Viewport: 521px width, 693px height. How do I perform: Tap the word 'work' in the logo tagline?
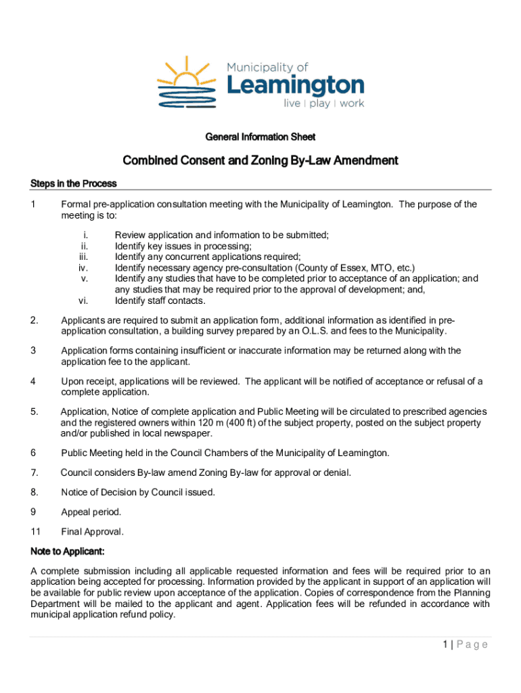point(351,104)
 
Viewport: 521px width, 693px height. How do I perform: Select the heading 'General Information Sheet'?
point(260,137)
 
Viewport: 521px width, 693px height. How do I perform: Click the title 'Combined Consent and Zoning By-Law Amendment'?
point(260,161)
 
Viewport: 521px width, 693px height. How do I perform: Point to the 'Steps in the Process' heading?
point(74,183)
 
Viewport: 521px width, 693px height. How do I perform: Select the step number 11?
point(36,532)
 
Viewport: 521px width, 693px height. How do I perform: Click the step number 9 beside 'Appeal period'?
point(33,512)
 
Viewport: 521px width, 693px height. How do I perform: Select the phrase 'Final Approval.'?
point(92,532)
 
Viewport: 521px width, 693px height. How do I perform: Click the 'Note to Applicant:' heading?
point(68,552)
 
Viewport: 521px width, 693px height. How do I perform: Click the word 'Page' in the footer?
point(473,645)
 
